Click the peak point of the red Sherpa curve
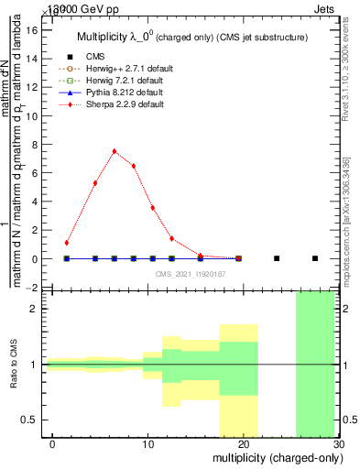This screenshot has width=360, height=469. [115, 151]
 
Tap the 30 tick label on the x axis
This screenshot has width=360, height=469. [338, 443]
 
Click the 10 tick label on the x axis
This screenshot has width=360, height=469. [144, 443]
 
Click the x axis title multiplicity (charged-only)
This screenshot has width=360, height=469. [275, 457]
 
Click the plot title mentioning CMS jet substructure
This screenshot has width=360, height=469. [192, 36]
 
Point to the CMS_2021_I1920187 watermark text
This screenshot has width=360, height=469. [191, 274]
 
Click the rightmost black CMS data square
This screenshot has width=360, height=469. [315, 258]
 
